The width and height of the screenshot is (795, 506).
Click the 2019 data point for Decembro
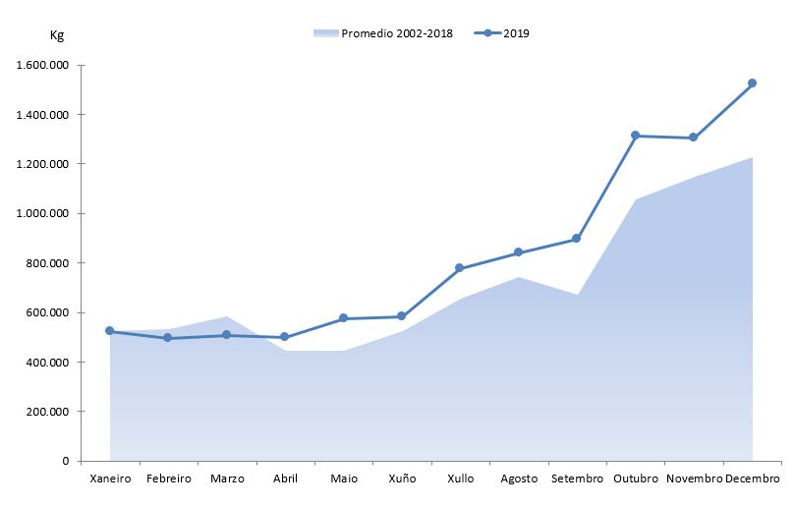(752, 84)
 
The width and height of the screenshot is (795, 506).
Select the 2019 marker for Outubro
(635, 136)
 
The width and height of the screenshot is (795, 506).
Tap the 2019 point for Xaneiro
(110, 331)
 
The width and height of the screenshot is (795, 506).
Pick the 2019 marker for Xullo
(460, 268)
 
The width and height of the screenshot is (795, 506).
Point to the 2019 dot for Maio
(343, 318)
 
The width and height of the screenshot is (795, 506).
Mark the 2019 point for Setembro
(577, 239)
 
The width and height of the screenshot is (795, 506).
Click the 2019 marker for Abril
(285, 337)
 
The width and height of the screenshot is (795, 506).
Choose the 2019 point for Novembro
(694, 138)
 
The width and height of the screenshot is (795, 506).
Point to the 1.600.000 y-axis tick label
(42, 66)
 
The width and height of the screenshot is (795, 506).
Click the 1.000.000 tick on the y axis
(42, 213)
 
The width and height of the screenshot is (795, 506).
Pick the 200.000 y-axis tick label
(47, 412)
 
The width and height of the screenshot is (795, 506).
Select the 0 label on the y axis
(65, 461)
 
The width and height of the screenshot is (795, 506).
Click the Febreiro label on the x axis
(168, 479)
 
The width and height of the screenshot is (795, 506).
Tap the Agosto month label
(519, 479)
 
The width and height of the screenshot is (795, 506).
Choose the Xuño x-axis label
(401, 479)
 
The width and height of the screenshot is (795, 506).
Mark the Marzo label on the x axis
(227, 479)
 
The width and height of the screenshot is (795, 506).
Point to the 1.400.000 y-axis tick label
(42, 115)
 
